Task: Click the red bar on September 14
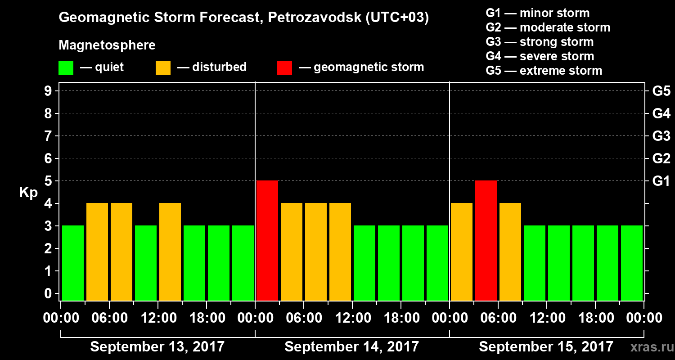(x=267, y=240)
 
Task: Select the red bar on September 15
(x=486, y=240)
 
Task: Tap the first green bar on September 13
(x=73, y=263)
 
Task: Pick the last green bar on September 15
(x=632, y=263)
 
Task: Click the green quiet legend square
(x=66, y=67)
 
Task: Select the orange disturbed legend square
(x=163, y=67)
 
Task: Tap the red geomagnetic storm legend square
(x=284, y=67)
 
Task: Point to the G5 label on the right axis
(x=661, y=91)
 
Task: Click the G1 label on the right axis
(x=661, y=181)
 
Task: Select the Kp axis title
(x=28, y=193)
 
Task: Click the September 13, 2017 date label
(x=157, y=347)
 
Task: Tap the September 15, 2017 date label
(x=546, y=347)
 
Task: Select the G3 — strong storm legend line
(x=540, y=42)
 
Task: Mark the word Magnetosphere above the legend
(x=107, y=45)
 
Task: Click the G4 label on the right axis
(x=661, y=114)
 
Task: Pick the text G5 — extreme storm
(x=544, y=71)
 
